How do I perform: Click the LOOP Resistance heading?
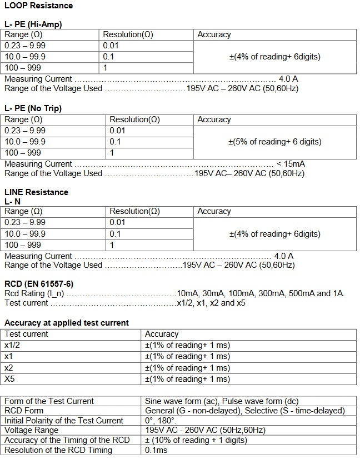(38, 6)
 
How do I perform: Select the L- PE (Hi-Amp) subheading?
(33, 24)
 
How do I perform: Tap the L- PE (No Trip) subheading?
(33, 108)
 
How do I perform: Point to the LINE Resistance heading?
(36, 192)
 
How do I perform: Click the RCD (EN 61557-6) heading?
(38, 284)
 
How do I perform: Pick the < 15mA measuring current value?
(290, 164)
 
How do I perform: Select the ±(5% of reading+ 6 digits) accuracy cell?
(274, 142)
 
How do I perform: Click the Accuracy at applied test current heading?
(67, 323)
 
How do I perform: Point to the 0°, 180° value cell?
(161, 421)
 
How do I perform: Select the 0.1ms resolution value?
(157, 450)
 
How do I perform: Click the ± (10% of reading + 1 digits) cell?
(196, 440)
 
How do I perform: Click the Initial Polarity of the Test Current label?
(64, 421)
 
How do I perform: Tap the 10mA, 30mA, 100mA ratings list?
(261, 293)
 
